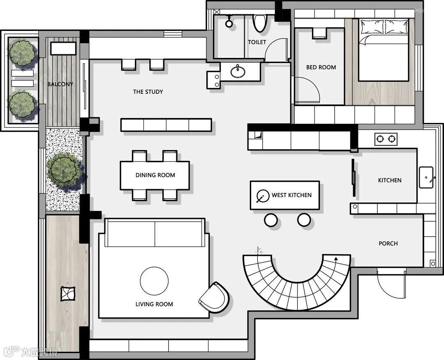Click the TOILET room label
257,42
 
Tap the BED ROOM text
321,67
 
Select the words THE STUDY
148,92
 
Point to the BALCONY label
60,84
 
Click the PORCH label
388,244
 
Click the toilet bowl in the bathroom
259,23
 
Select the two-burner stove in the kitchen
386,139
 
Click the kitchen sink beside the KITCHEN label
426,177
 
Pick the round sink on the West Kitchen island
262,196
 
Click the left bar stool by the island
271,220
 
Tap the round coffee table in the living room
154,281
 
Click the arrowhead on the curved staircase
336,258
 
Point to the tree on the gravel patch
65,169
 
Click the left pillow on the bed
372,26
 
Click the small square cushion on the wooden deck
68,294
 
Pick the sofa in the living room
155,233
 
